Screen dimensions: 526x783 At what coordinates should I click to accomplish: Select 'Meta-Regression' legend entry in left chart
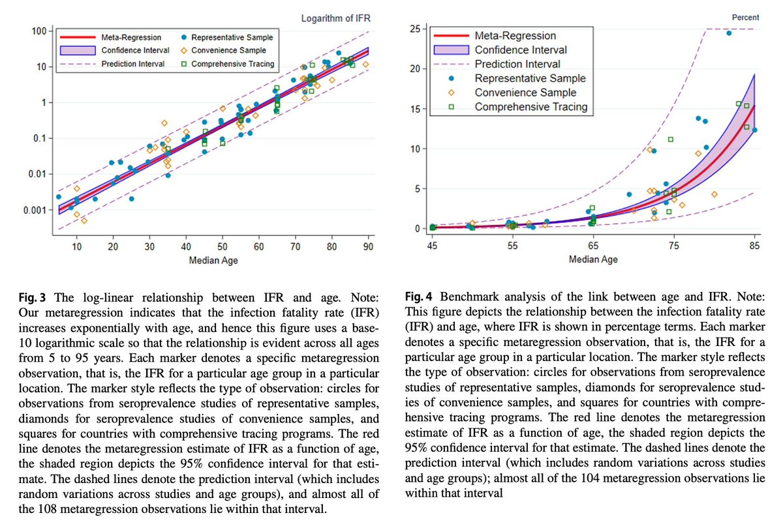131,37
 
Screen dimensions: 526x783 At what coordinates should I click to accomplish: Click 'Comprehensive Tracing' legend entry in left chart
233,64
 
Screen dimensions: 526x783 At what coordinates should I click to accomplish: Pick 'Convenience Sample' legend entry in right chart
521,93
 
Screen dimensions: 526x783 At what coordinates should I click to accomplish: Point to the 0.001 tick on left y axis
32,211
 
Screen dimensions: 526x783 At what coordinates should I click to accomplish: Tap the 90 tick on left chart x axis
369,246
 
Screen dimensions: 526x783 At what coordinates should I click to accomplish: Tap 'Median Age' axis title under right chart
592,259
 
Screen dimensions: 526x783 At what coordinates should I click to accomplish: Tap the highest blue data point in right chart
729,33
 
